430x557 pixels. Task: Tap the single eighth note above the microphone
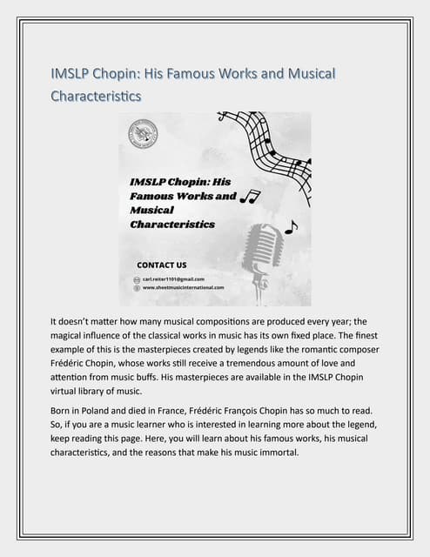point(291,227)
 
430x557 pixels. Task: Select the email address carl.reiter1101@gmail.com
point(179,278)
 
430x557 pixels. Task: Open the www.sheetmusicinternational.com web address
point(183,286)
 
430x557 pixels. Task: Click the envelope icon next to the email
point(137,278)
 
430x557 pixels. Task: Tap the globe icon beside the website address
point(137,286)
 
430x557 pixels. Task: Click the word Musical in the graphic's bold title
point(151,210)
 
